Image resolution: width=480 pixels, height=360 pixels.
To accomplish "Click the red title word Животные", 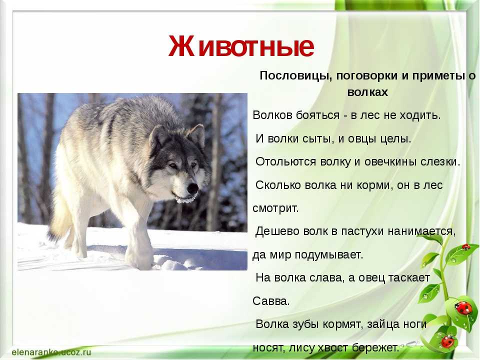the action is [x=241, y=46].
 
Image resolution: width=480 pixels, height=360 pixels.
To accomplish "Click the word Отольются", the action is [x=285, y=161].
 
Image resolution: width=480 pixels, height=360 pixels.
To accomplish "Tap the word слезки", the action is [x=440, y=161].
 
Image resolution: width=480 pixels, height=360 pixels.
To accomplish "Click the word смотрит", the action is [x=275, y=208].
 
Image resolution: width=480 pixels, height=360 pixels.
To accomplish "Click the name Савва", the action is [x=271, y=301].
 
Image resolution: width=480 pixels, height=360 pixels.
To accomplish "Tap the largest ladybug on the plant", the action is [x=464, y=307].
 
